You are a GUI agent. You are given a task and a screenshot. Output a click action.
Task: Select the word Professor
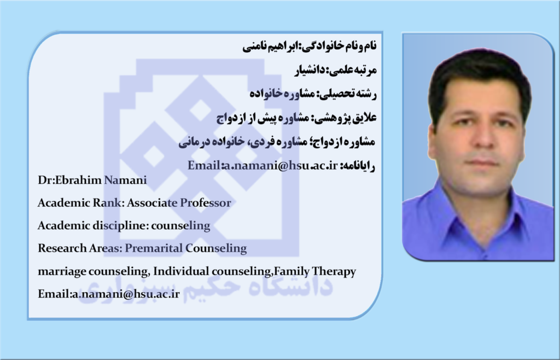205,203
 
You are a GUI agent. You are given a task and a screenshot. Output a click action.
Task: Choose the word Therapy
334,272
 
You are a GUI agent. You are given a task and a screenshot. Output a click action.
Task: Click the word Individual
181,271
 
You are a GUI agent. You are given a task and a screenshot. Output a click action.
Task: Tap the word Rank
107,203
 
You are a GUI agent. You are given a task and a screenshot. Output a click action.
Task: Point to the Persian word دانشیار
310,70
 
